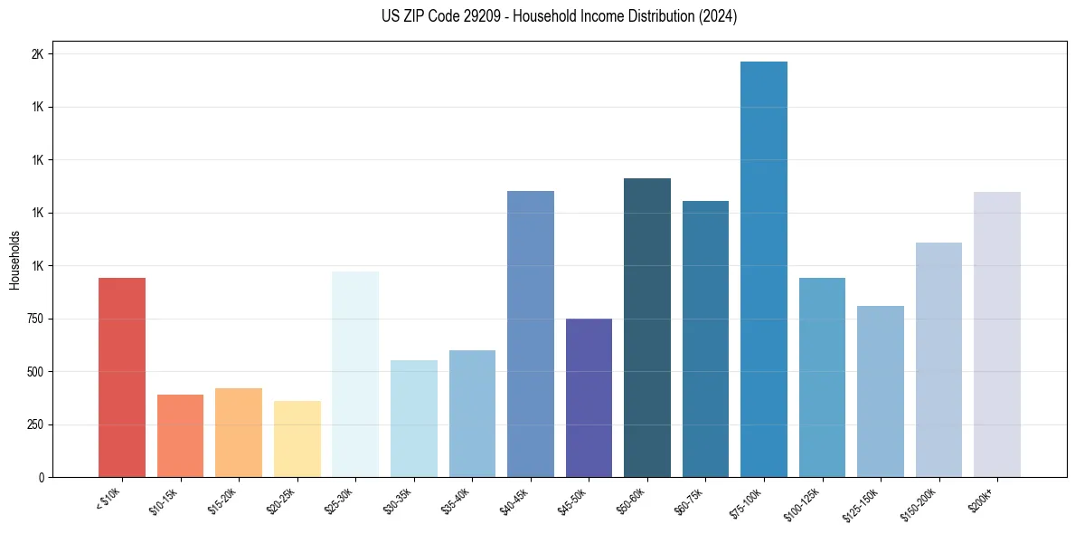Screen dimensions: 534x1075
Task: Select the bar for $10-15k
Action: [x=180, y=435]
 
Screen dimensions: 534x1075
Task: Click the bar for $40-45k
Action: [x=531, y=334]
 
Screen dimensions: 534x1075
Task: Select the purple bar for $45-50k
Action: [x=589, y=397]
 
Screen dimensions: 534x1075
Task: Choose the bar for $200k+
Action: [x=997, y=334]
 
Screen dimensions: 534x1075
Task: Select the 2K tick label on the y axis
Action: [x=37, y=54]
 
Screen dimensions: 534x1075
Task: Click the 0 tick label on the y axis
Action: [x=40, y=477]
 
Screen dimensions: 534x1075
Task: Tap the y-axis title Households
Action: [x=14, y=259]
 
